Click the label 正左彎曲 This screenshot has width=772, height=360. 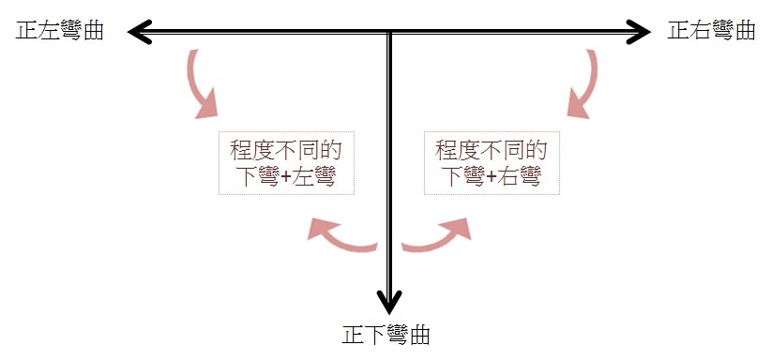click(x=60, y=32)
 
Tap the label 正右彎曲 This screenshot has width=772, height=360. click(x=711, y=31)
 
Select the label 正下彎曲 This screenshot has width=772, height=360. click(x=386, y=335)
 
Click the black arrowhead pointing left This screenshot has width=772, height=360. click(x=140, y=32)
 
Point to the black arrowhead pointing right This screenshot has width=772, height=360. click(x=639, y=32)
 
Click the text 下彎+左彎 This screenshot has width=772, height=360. click(x=286, y=176)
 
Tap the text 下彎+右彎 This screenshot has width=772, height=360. click(x=492, y=176)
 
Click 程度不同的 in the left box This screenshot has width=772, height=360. click(x=286, y=151)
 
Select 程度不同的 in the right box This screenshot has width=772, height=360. click(x=492, y=151)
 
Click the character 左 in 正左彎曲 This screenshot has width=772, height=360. click(x=49, y=32)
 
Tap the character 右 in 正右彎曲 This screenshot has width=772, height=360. click(x=701, y=31)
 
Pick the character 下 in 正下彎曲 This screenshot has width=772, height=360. click(x=375, y=335)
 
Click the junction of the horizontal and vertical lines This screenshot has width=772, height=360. click(x=389, y=32)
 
